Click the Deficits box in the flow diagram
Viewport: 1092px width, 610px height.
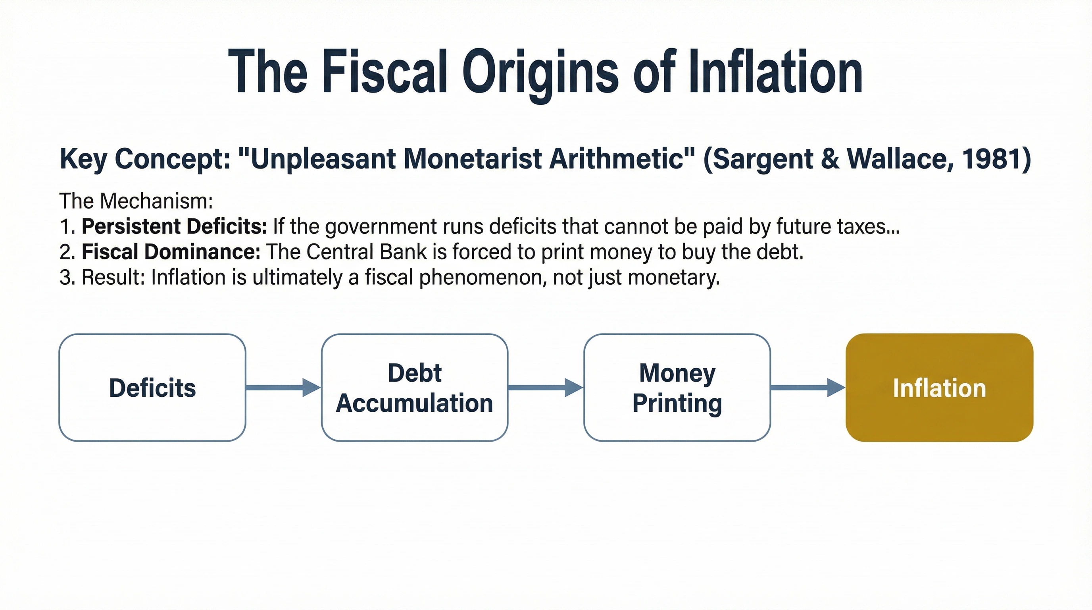coord(152,387)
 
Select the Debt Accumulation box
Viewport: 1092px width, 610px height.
coord(414,387)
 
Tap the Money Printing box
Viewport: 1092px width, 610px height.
coord(677,387)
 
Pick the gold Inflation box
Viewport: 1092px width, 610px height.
coord(939,387)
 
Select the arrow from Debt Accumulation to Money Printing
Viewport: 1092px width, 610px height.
coord(545,387)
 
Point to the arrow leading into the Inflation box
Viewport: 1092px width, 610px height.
coord(807,387)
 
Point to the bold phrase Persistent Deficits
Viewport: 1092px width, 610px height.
coord(174,226)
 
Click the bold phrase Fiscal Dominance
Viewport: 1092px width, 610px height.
coord(171,251)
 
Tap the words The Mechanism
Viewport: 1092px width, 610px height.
coord(136,201)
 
